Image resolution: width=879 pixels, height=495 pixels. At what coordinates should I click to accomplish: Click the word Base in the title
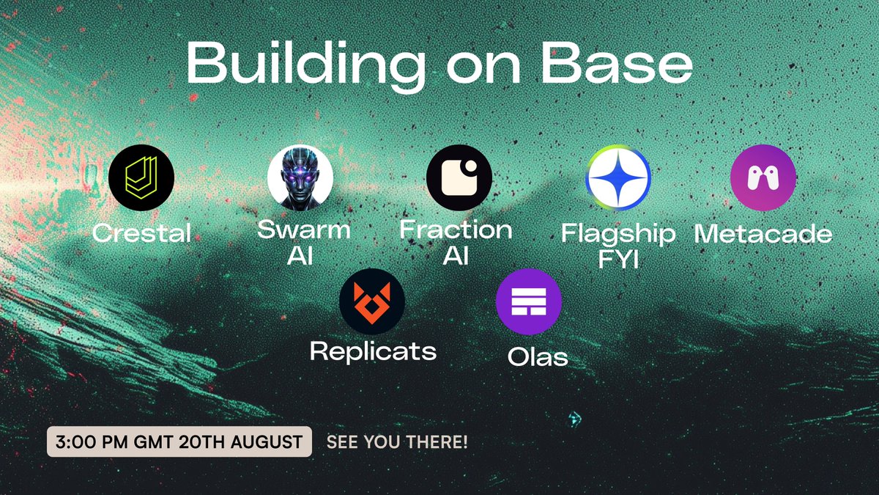(x=617, y=63)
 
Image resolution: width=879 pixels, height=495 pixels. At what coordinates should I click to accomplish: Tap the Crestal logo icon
(x=141, y=177)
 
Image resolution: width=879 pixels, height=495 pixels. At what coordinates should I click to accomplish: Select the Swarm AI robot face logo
(x=300, y=177)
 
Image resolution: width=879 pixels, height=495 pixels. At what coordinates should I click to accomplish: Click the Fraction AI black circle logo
(x=459, y=177)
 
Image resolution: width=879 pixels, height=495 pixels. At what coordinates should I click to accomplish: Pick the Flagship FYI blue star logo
(x=618, y=177)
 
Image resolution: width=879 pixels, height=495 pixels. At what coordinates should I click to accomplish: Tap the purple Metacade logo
(x=763, y=177)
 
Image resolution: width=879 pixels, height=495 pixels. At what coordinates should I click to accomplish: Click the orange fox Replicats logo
(x=372, y=301)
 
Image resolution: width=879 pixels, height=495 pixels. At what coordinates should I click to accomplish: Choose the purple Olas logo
(x=529, y=301)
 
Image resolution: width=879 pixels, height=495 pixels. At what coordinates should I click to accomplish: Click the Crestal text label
(x=141, y=233)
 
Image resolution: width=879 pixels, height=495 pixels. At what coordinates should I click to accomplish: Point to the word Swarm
(x=304, y=229)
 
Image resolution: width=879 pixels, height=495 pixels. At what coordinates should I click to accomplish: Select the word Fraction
(x=456, y=229)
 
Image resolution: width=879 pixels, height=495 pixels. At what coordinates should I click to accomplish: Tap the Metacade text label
(x=763, y=234)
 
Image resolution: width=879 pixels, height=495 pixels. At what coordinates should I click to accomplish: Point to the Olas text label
(x=538, y=357)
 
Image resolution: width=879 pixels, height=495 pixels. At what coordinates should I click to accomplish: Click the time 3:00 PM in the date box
(x=92, y=442)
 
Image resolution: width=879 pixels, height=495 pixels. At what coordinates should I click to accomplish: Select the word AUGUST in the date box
(x=267, y=442)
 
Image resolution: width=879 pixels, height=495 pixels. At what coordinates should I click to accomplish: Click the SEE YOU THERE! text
(x=397, y=442)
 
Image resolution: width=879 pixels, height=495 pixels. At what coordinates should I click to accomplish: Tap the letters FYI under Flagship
(x=618, y=260)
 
